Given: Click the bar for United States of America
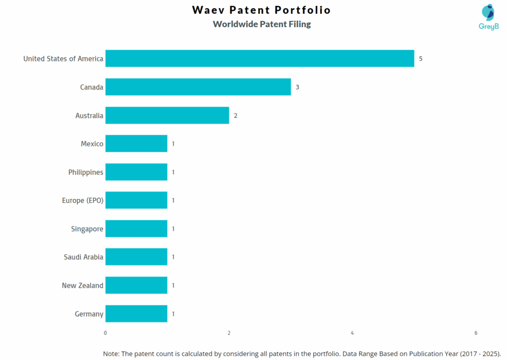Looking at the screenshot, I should pyautogui.click(x=259, y=58).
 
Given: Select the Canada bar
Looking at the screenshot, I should pyautogui.click(x=198, y=87).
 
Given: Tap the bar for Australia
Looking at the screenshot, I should pyautogui.click(x=167, y=115).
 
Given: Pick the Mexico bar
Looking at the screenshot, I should pyautogui.click(x=136, y=144).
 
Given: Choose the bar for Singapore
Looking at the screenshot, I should pyautogui.click(x=136, y=229).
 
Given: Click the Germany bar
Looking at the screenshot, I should pyautogui.click(x=136, y=314).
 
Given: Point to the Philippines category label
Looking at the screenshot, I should pyautogui.click(x=86, y=172).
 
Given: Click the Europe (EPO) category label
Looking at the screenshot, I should pyautogui.click(x=83, y=201).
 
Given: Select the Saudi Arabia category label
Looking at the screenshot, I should pyautogui.click(x=83, y=257).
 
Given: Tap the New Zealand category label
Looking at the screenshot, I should pyautogui.click(x=82, y=286).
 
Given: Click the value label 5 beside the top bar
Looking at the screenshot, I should pyautogui.click(x=421, y=58).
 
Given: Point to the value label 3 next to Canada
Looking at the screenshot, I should pyautogui.click(x=298, y=87).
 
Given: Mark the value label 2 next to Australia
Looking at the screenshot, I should pyautogui.click(x=236, y=115).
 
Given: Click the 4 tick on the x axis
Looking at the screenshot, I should pyautogui.click(x=352, y=333).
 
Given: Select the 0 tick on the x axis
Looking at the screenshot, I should pyautogui.click(x=105, y=333).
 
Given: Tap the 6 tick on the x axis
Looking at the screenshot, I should pyautogui.click(x=475, y=333).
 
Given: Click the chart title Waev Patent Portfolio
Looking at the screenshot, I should pyautogui.click(x=261, y=10).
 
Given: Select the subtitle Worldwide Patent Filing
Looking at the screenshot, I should pyautogui.click(x=261, y=24).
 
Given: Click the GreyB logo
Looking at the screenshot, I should pyautogui.click(x=488, y=17).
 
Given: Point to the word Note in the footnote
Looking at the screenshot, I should pyautogui.click(x=111, y=354).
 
